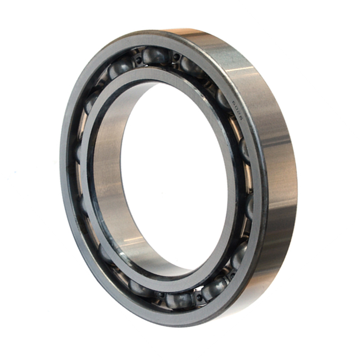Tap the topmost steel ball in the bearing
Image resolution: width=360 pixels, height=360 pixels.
155,56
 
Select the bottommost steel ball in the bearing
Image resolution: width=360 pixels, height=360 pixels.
180,299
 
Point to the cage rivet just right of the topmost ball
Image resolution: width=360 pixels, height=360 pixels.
175,57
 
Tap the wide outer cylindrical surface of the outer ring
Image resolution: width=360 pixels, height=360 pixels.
274,180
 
